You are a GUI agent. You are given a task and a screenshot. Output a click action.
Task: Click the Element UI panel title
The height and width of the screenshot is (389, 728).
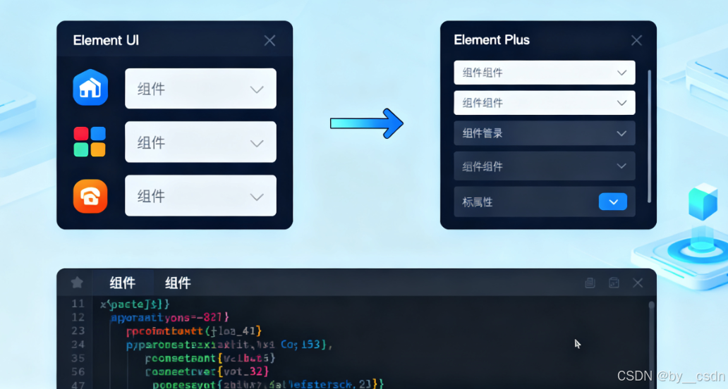coord(106,40)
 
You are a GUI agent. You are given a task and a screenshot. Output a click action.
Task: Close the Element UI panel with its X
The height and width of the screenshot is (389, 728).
coord(269,40)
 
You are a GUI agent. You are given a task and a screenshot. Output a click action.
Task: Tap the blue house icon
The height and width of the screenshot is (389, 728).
coord(90,87)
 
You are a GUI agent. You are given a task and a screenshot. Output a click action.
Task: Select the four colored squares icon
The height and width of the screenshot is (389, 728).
coord(90,141)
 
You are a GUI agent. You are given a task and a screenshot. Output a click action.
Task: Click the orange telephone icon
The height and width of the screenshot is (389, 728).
coord(90,196)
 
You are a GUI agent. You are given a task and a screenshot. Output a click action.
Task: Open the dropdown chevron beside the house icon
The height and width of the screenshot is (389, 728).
coord(257,89)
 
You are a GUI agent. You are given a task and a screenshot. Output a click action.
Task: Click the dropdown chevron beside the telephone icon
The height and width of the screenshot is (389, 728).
coord(257,197)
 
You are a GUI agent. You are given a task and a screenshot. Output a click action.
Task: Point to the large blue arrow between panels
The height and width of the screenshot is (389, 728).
coord(367,123)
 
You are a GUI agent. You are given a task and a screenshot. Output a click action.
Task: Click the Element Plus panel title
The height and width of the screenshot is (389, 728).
coord(492,39)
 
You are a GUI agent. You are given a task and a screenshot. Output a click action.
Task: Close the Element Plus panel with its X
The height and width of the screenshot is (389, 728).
coord(636,40)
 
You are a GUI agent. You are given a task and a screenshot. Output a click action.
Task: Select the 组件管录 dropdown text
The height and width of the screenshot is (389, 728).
coord(483,133)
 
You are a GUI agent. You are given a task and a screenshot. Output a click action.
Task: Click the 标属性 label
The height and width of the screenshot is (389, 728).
coord(478,202)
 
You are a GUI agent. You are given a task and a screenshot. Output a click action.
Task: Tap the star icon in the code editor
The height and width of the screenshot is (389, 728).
coord(77,283)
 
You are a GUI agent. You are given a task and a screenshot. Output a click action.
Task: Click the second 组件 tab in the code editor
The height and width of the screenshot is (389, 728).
coord(178,283)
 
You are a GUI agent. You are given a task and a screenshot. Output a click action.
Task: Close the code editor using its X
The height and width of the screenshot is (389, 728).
coord(638,283)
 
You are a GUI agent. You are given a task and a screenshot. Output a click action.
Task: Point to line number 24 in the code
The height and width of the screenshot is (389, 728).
coord(78,344)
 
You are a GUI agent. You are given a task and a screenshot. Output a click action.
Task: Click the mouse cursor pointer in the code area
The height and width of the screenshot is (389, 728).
coord(577,343)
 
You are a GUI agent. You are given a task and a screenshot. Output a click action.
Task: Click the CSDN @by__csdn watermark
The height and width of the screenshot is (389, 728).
coord(671,376)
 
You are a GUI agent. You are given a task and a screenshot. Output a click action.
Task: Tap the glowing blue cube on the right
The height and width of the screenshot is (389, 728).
coord(703,202)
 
